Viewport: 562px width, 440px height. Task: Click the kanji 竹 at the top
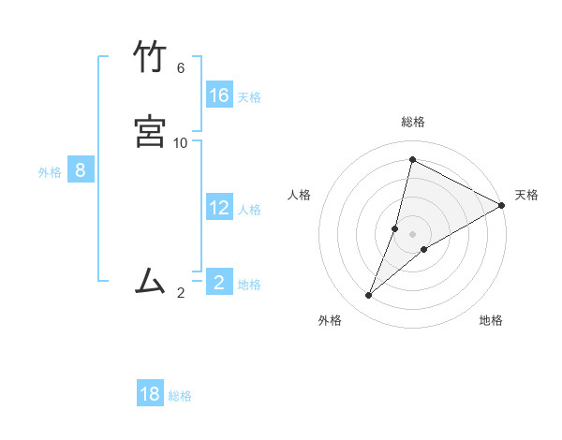pos(150,58)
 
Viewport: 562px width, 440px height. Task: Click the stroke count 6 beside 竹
pos(181,68)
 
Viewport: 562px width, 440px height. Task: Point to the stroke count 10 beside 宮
pos(181,143)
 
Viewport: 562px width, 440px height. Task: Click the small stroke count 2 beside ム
pos(181,293)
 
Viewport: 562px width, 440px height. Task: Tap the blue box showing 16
pos(219,95)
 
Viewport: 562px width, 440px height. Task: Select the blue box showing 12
pos(219,207)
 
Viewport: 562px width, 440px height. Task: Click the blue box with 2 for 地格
pos(219,282)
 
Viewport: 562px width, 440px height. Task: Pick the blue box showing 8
pos(81,169)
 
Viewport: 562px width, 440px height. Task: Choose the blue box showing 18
pos(150,394)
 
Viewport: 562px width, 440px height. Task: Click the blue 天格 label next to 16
pos(249,97)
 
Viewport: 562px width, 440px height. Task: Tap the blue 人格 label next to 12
pos(249,210)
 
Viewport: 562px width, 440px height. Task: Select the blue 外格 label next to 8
pos(50,172)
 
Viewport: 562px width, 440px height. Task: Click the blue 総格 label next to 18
pos(180,397)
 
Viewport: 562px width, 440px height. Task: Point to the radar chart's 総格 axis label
pos(413,122)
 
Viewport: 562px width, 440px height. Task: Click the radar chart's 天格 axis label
pos(526,195)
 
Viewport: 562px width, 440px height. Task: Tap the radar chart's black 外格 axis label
pos(330,320)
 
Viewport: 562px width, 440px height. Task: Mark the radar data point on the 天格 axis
pos(502,205)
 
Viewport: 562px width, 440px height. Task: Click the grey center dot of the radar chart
pos(413,234)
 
